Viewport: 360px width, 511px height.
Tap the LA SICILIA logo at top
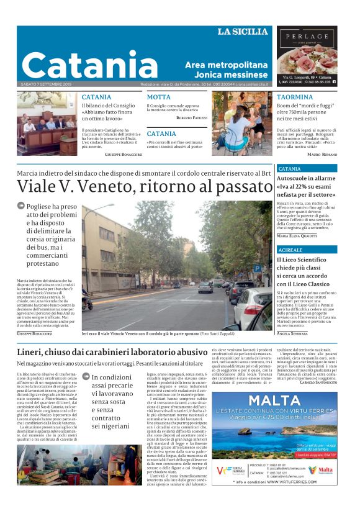coord(242,32)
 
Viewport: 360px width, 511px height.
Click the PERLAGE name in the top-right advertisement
coord(307,37)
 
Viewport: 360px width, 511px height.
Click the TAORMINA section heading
coord(295,97)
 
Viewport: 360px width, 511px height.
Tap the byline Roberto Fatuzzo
coord(192,117)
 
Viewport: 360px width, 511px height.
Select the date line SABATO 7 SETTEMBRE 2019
coord(46,84)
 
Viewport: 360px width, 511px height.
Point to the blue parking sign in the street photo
coord(256,269)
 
